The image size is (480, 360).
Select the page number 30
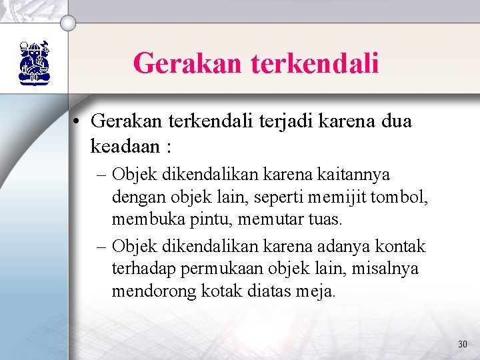(x=463, y=344)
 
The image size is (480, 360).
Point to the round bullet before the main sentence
(x=78, y=121)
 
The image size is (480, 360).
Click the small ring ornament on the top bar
(x=68, y=23)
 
